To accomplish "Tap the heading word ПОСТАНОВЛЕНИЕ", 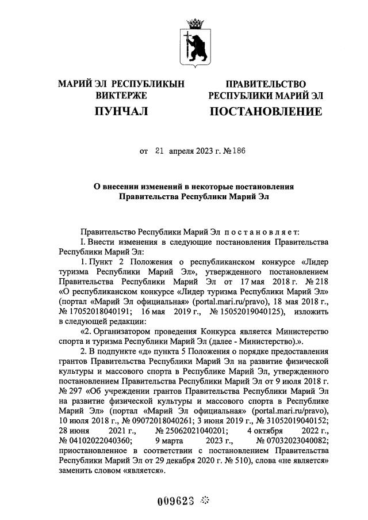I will [x=265, y=111].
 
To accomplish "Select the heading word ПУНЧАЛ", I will [x=121, y=111].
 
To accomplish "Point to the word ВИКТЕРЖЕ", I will [x=121, y=96].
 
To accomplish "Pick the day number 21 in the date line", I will [x=159, y=152].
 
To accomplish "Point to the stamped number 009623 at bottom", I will [x=175, y=500].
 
